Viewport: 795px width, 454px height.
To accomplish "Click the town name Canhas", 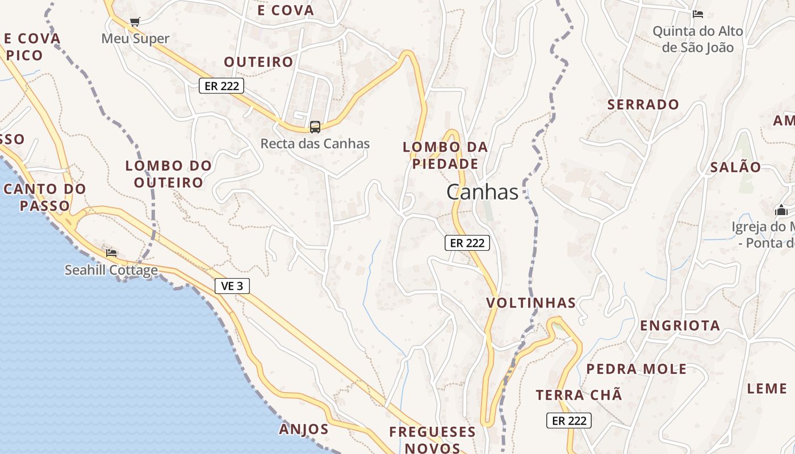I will [482, 192].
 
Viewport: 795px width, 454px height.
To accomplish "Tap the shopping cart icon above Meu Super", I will [135, 22].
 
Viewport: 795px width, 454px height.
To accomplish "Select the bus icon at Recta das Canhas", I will [315, 127].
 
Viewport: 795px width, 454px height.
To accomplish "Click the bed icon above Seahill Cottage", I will [111, 252].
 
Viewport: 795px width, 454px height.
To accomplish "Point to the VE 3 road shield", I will [232, 286].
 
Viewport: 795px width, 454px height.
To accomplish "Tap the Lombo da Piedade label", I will [445, 155].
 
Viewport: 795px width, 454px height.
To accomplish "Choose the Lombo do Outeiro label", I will [169, 174].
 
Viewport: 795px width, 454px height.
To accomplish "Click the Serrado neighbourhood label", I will [643, 104].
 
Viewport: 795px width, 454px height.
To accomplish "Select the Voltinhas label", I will [531, 303].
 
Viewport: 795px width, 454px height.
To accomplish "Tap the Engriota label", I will [680, 326].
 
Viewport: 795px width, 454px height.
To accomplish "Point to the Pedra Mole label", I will [636, 369].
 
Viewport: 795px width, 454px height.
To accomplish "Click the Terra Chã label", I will [579, 395].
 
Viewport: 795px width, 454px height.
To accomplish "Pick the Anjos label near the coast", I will [304, 429].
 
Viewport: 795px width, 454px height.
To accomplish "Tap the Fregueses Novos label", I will [433, 440].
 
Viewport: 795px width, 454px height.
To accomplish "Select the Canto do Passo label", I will [44, 197].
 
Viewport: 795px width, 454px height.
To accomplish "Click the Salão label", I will [735, 167].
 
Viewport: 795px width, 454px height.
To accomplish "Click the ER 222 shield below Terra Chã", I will [569, 421].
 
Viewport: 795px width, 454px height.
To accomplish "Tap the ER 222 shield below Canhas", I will [467, 243].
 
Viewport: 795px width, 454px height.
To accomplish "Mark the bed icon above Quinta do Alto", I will [698, 14].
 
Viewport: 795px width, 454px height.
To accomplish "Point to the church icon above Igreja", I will [781, 211].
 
